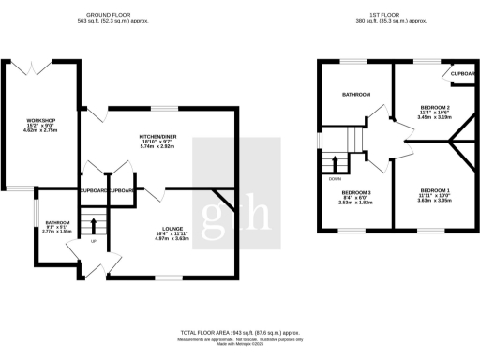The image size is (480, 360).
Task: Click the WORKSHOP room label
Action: pos(41,120)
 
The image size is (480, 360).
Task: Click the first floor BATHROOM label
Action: pos(356,94)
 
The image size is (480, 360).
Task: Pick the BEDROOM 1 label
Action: pos(435,190)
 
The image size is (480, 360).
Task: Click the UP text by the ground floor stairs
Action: pos(92,242)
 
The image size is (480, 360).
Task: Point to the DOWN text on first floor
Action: pos(335,176)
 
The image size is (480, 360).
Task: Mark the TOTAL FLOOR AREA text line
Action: pos(239,332)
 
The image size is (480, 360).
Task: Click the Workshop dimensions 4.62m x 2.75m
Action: pos(41,131)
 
